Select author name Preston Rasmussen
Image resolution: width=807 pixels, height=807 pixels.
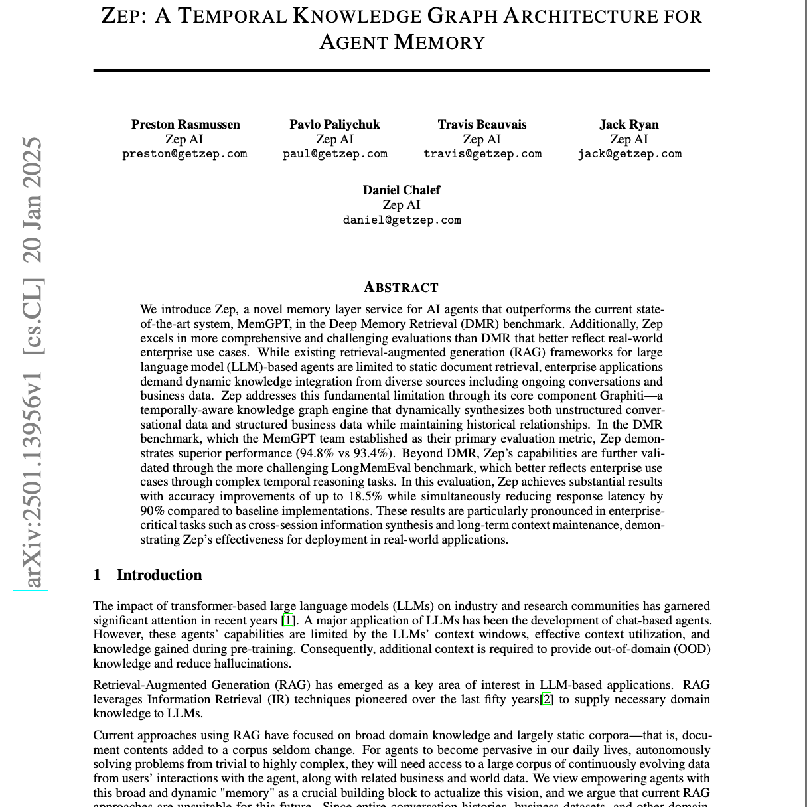186,125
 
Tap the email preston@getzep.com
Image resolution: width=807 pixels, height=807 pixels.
184,154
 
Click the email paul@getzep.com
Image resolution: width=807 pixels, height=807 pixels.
335,154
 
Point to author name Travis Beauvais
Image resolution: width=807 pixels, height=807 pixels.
482,125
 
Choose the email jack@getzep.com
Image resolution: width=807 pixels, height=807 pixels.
629,154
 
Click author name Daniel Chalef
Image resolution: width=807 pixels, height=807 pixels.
402,190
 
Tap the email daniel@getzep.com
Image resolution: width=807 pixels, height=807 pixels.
402,220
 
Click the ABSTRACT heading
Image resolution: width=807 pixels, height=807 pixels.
402,287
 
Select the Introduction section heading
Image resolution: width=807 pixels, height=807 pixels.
159,575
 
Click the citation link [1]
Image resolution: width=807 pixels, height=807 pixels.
288,621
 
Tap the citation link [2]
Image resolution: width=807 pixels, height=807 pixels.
546,699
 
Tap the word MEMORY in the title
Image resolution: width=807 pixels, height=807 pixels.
440,42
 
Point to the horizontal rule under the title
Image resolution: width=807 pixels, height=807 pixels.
402,70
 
